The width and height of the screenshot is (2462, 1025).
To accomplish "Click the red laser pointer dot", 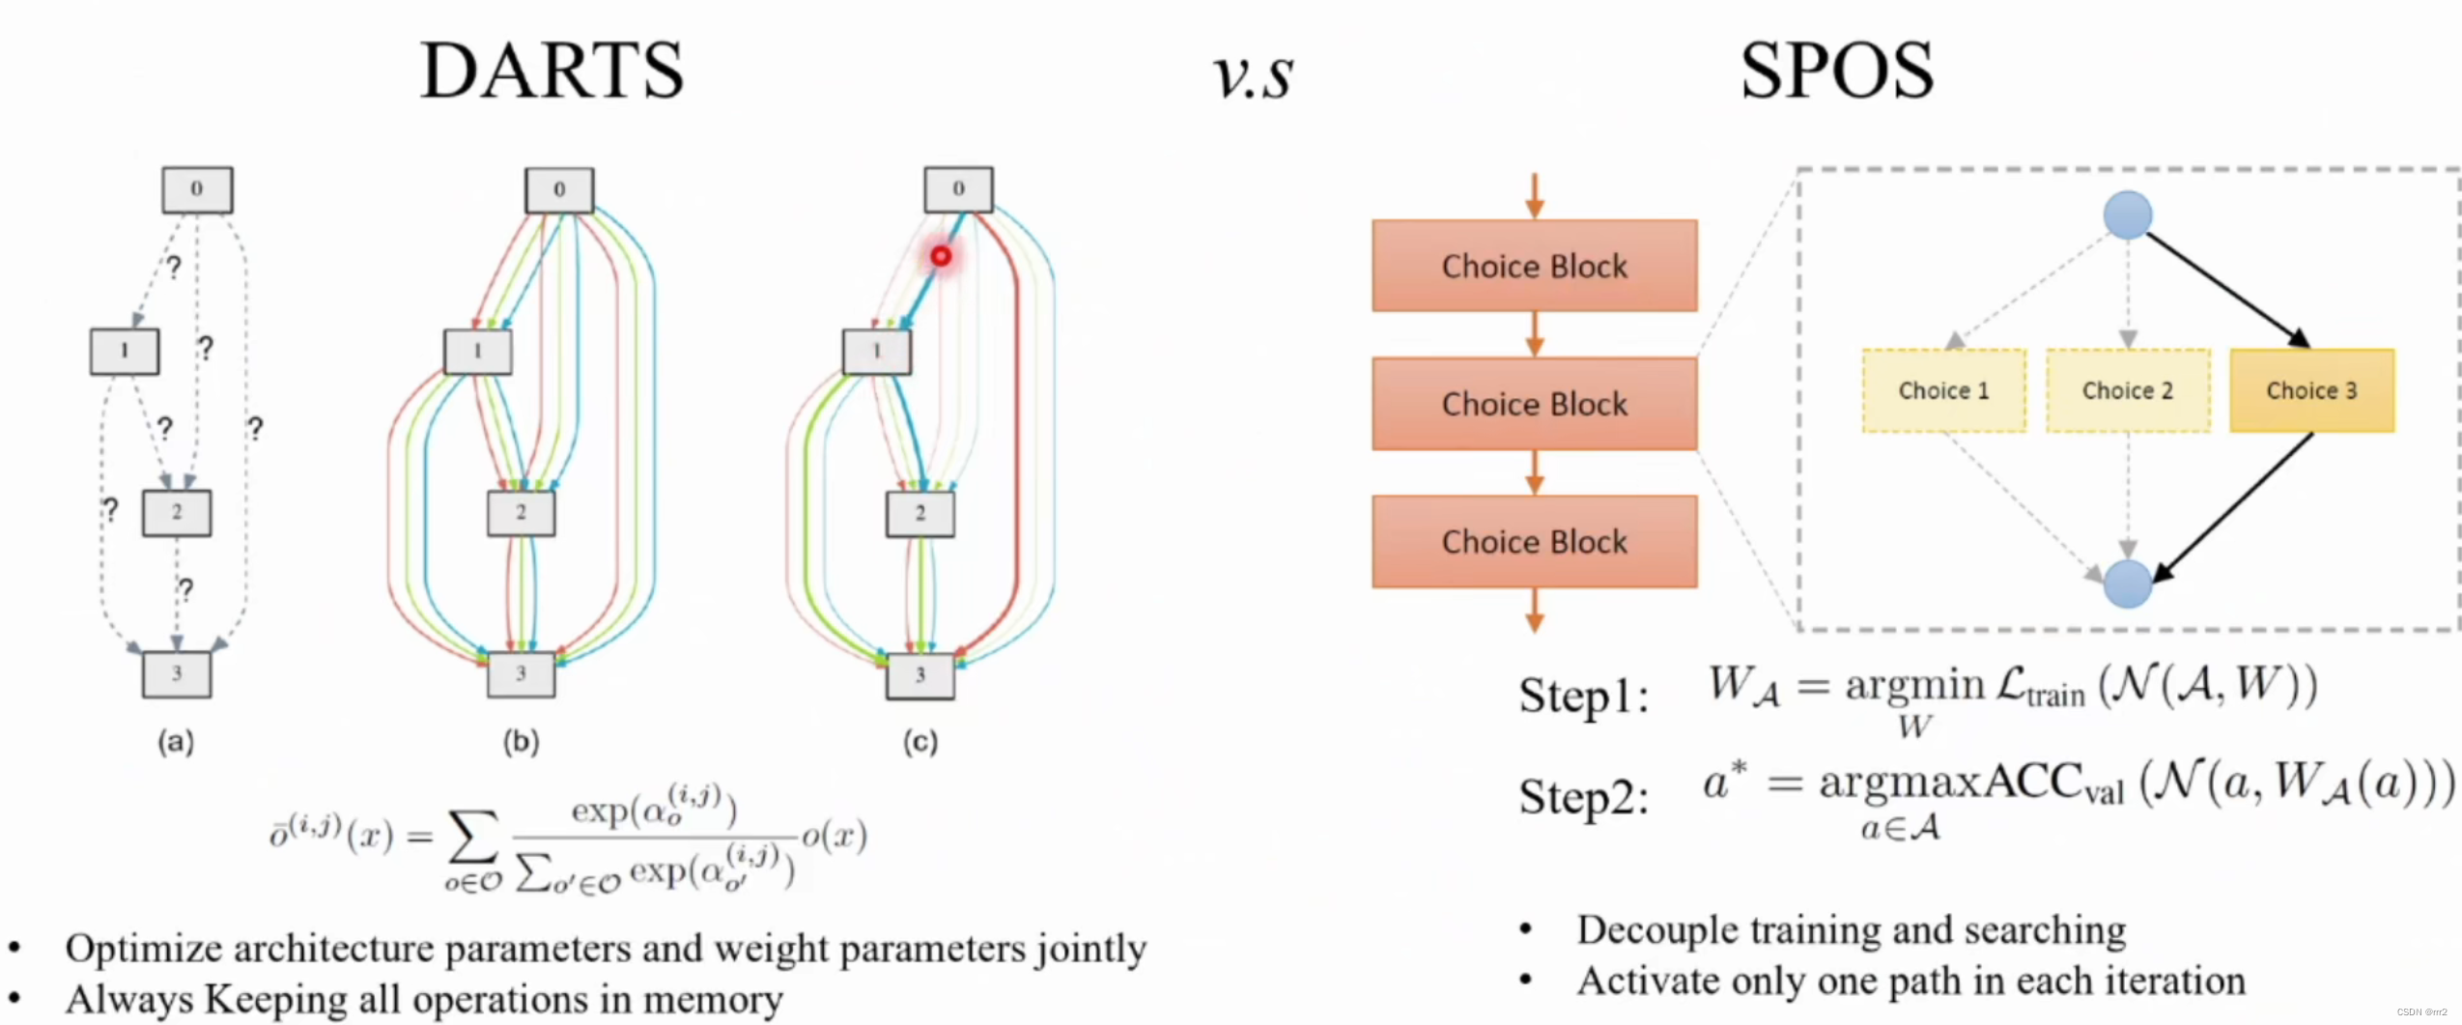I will (941, 256).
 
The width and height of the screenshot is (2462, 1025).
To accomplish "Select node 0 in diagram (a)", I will (197, 189).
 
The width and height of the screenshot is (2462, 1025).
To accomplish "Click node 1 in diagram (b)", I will (477, 351).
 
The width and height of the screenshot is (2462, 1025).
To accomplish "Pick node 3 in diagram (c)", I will (920, 674).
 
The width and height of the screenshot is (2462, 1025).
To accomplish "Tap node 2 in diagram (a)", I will (177, 512).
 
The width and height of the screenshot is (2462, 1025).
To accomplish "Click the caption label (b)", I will (521, 742).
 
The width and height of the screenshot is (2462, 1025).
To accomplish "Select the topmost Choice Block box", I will (1534, 266).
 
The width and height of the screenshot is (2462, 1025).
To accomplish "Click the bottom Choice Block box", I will (1534, 541).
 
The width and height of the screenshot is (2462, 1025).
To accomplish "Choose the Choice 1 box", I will (1943, 390).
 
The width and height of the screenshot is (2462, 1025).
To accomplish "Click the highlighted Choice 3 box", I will (2311, 390).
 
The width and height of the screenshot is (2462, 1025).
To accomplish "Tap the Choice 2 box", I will (2127, 390).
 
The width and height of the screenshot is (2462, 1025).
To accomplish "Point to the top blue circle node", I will (2127, 214).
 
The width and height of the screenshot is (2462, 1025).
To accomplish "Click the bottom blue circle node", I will (2127, 584).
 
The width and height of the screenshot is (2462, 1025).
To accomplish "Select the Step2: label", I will (1583, 797).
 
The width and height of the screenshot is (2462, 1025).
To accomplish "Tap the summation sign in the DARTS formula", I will (473, 837).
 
